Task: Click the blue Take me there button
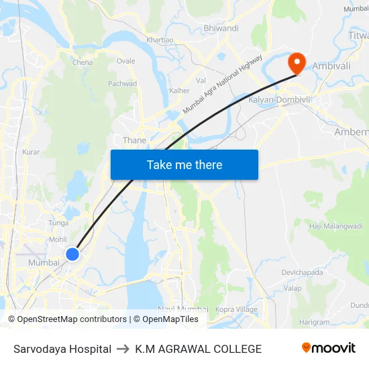tap(184, 164)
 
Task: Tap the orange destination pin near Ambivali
tap(296, 63)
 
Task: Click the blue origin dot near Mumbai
tap(72, 254)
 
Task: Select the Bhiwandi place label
tap(221, 28)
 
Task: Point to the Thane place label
tap(134, 140)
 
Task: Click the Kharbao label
tap(160, 40)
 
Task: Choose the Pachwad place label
tap(122, 84)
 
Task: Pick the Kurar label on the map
tap(31, 152)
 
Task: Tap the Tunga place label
tap(59, 223)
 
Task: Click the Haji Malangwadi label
tap(335, 226)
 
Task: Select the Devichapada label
tap(302, 272)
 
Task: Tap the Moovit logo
tap(328, 348)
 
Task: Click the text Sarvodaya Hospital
tap(62, 349)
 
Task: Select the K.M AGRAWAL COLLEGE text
tap(198, 349)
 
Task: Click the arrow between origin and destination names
tap(123, 349)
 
